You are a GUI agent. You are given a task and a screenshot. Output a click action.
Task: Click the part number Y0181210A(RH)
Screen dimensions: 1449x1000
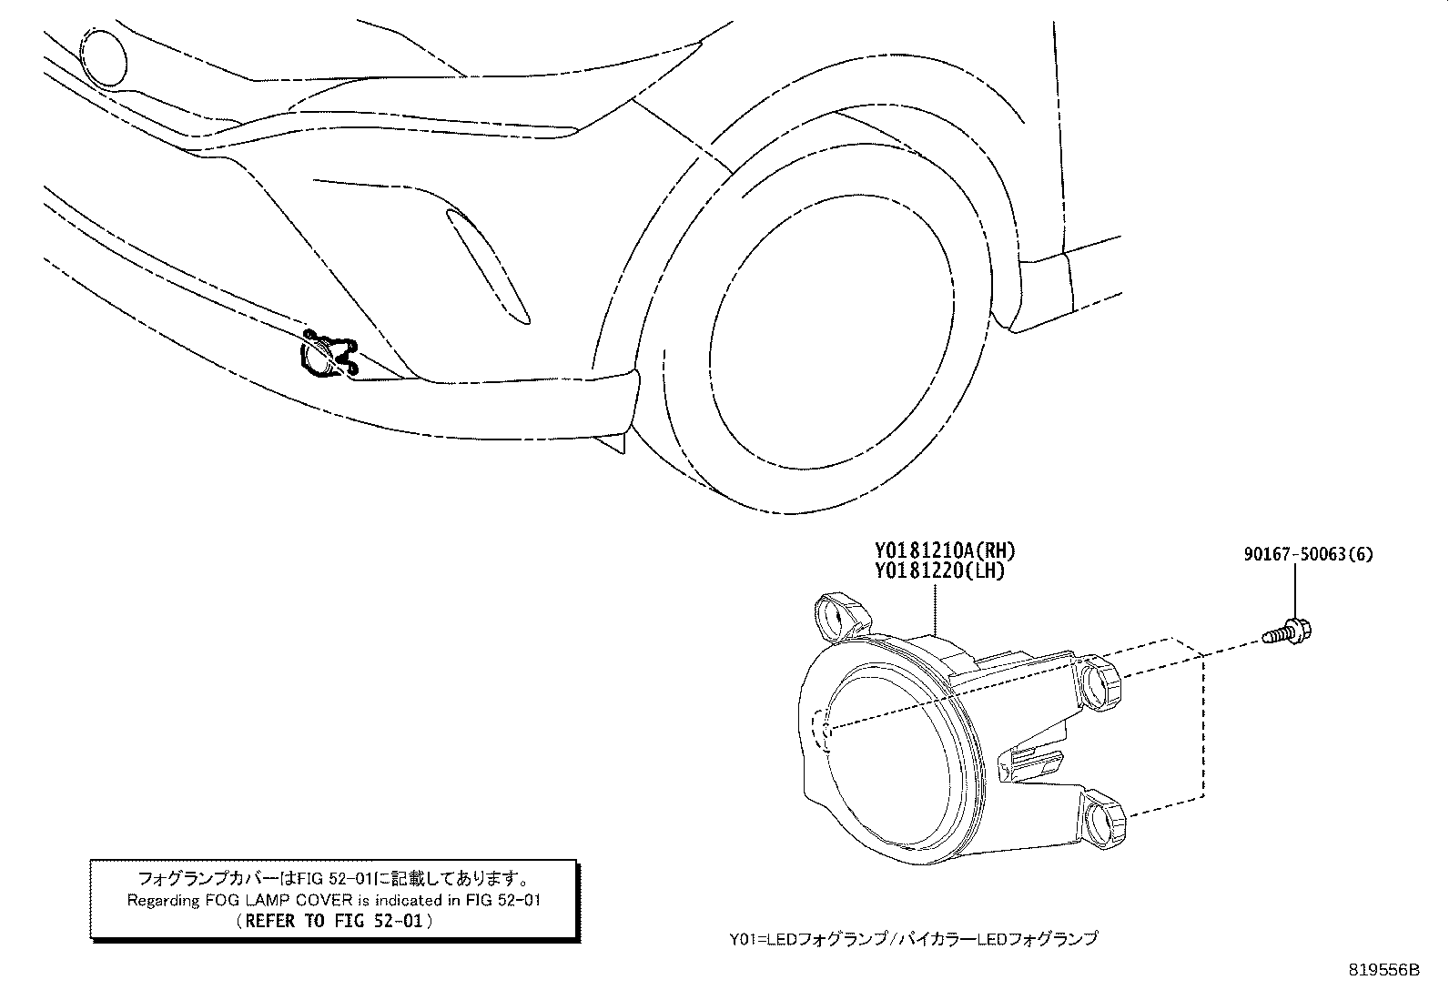pos(945,551)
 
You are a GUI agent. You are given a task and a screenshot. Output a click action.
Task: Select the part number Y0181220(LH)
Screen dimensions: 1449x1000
pos(940,571)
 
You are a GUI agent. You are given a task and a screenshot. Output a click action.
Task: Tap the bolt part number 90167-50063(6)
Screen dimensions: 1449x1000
pos(1308,554)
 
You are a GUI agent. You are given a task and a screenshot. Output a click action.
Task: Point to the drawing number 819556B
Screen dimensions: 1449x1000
pos(1383,970)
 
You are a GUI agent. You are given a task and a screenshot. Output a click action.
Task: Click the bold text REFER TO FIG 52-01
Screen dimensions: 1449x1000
pos(334,921)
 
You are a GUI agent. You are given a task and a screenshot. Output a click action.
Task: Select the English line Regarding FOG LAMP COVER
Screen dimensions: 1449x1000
pos(334,900)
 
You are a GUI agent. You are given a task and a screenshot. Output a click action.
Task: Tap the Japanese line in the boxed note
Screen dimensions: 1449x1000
pos(334,878)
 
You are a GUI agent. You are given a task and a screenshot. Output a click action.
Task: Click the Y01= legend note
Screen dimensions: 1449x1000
pos(914,938)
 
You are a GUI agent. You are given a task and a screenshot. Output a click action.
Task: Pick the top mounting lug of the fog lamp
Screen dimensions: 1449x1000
pos(840,616)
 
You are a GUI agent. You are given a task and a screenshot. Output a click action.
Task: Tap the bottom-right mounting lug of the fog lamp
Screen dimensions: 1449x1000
pos(1103,818)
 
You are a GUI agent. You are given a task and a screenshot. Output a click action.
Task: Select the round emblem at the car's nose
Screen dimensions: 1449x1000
pos(103,58)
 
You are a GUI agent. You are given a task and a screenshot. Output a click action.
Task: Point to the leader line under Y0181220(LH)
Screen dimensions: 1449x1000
pos(935,608)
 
